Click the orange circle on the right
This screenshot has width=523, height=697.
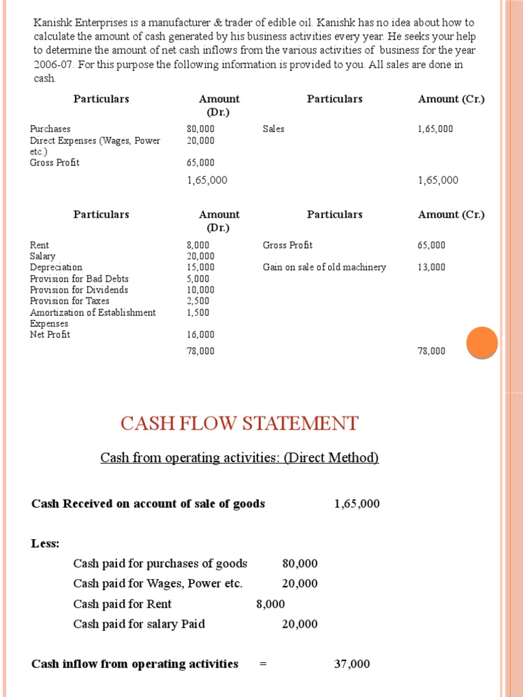click(482, 342)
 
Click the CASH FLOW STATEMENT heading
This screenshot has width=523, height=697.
click(239, 423)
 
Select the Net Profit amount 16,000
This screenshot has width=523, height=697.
click(200, 335)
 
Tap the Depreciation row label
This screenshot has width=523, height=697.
click(56, 268)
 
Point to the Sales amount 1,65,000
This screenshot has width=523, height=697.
click(435, 129)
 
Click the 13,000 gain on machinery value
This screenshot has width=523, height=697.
click(431, 268)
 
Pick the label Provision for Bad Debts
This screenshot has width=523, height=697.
click(79, 279)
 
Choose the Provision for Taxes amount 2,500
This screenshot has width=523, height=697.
click(198, 301)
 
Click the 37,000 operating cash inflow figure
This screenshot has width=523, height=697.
click(352, 664)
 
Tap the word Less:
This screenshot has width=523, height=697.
click(46, 544)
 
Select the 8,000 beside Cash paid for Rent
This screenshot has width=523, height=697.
click(270, 604)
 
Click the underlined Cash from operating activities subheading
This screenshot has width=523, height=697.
click(239, 458)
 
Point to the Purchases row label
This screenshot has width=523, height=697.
click(50, 129)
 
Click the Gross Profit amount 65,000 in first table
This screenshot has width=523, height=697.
click(200, 163)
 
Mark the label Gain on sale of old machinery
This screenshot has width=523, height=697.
click(324, 268)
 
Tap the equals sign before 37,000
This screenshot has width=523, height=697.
click(264, 664)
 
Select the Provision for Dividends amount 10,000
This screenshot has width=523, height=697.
click(200, 290)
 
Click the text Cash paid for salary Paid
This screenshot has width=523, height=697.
click(139, 624)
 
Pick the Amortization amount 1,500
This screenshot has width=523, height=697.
click(198, 312)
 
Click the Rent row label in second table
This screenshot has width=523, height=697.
click(39, 245)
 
